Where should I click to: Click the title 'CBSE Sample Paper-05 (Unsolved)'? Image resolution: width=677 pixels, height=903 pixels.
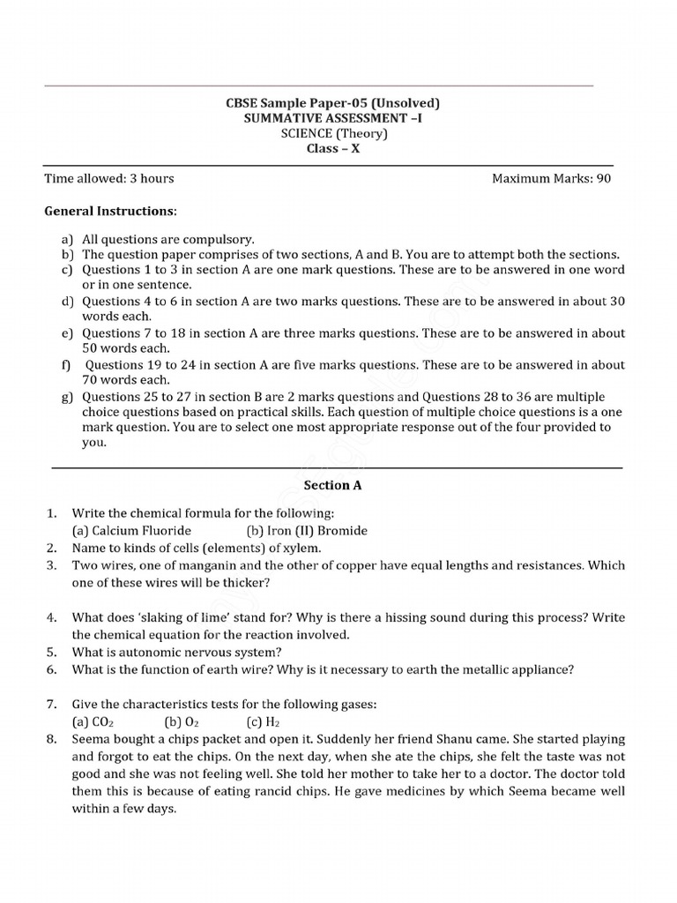pos(332,103)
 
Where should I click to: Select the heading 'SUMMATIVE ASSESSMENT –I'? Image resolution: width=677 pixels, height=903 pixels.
pos(332,118)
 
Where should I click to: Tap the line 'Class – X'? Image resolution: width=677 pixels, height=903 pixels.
pos(332,148)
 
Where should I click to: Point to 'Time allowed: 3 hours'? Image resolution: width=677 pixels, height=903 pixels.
pos(109,178)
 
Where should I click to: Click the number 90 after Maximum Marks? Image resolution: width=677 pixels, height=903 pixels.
pos(603,178)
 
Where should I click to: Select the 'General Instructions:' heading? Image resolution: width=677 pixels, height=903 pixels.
pos(110,212)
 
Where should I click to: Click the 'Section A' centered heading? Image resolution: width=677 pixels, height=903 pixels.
pos(332,485)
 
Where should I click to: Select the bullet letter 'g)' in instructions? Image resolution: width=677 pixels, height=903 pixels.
pos(67,397)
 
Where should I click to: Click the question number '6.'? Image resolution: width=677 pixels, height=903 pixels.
pos(52,669)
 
